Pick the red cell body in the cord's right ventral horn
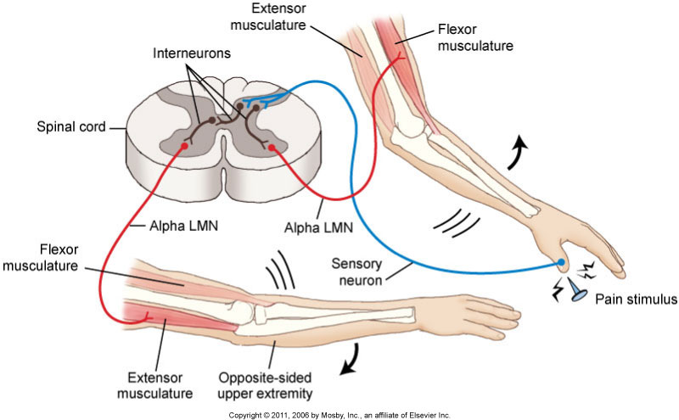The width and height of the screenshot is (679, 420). coord(272,148)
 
